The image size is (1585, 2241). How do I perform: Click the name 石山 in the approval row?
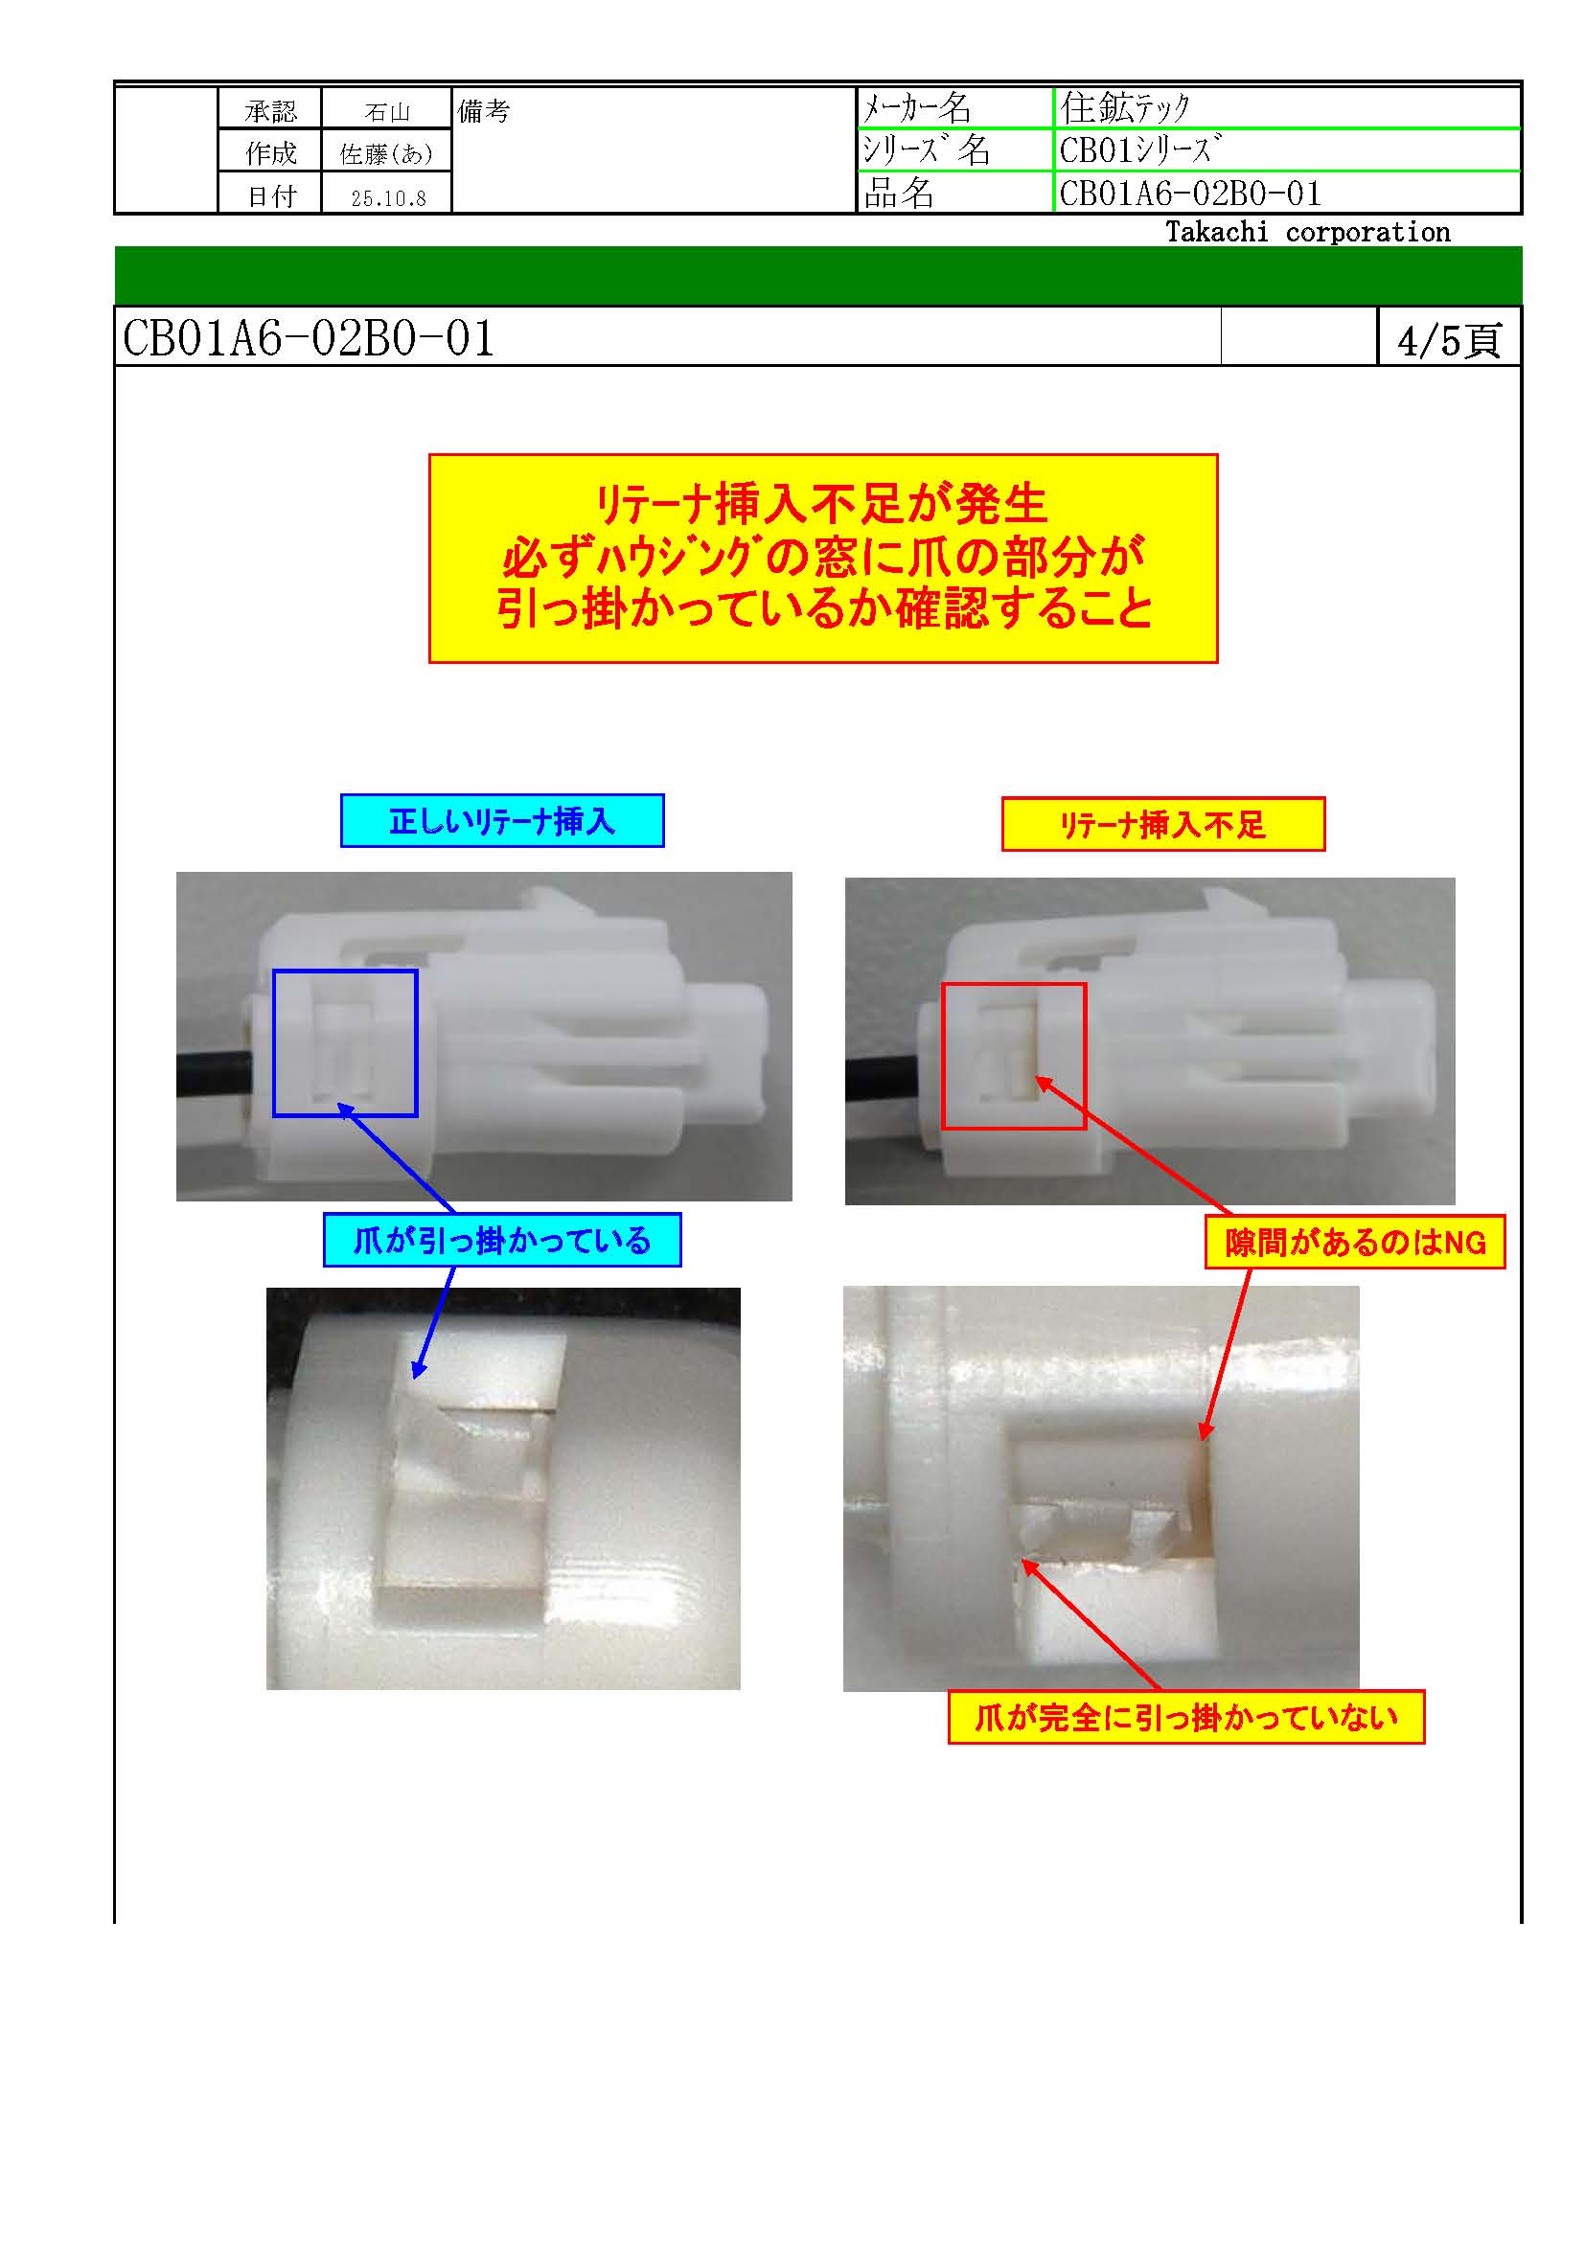click(386, 112)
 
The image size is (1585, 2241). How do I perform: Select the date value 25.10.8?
click(388, 198)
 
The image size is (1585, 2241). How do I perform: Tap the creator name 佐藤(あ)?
click(386, 154)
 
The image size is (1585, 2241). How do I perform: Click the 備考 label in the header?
click(483, 111)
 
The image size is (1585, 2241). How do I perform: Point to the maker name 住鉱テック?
click(1125, 107)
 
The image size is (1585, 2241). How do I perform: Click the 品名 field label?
click(899, 193)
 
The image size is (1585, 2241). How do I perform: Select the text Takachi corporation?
click(1308, 232)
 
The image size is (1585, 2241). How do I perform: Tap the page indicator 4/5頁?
click(1448, 341)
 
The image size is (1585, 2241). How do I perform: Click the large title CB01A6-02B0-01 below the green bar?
click(309, 337)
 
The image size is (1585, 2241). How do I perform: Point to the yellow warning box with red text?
click(823, 559)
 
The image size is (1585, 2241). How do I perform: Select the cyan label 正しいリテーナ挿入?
click(501, 821)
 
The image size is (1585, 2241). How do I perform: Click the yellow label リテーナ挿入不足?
click(1162, 825)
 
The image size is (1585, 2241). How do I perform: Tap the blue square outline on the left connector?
click(274, 1042)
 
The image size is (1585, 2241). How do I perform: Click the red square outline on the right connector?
click(943, 1056)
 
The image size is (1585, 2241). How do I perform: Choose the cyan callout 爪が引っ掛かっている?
click(501, 1241)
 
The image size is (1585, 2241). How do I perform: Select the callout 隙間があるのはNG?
click(1355, 1243)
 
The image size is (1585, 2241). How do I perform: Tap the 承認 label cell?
click(270, 111)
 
